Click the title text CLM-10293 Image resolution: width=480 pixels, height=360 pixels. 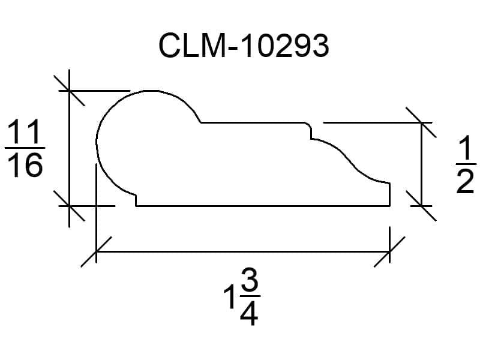244,46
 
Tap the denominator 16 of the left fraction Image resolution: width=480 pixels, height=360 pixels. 25,165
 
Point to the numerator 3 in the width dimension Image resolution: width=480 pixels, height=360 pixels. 250,281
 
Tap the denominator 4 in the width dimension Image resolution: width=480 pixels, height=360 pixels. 249,313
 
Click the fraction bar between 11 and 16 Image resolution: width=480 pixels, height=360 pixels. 25,148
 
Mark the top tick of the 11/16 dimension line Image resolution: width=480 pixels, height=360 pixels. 69,91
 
